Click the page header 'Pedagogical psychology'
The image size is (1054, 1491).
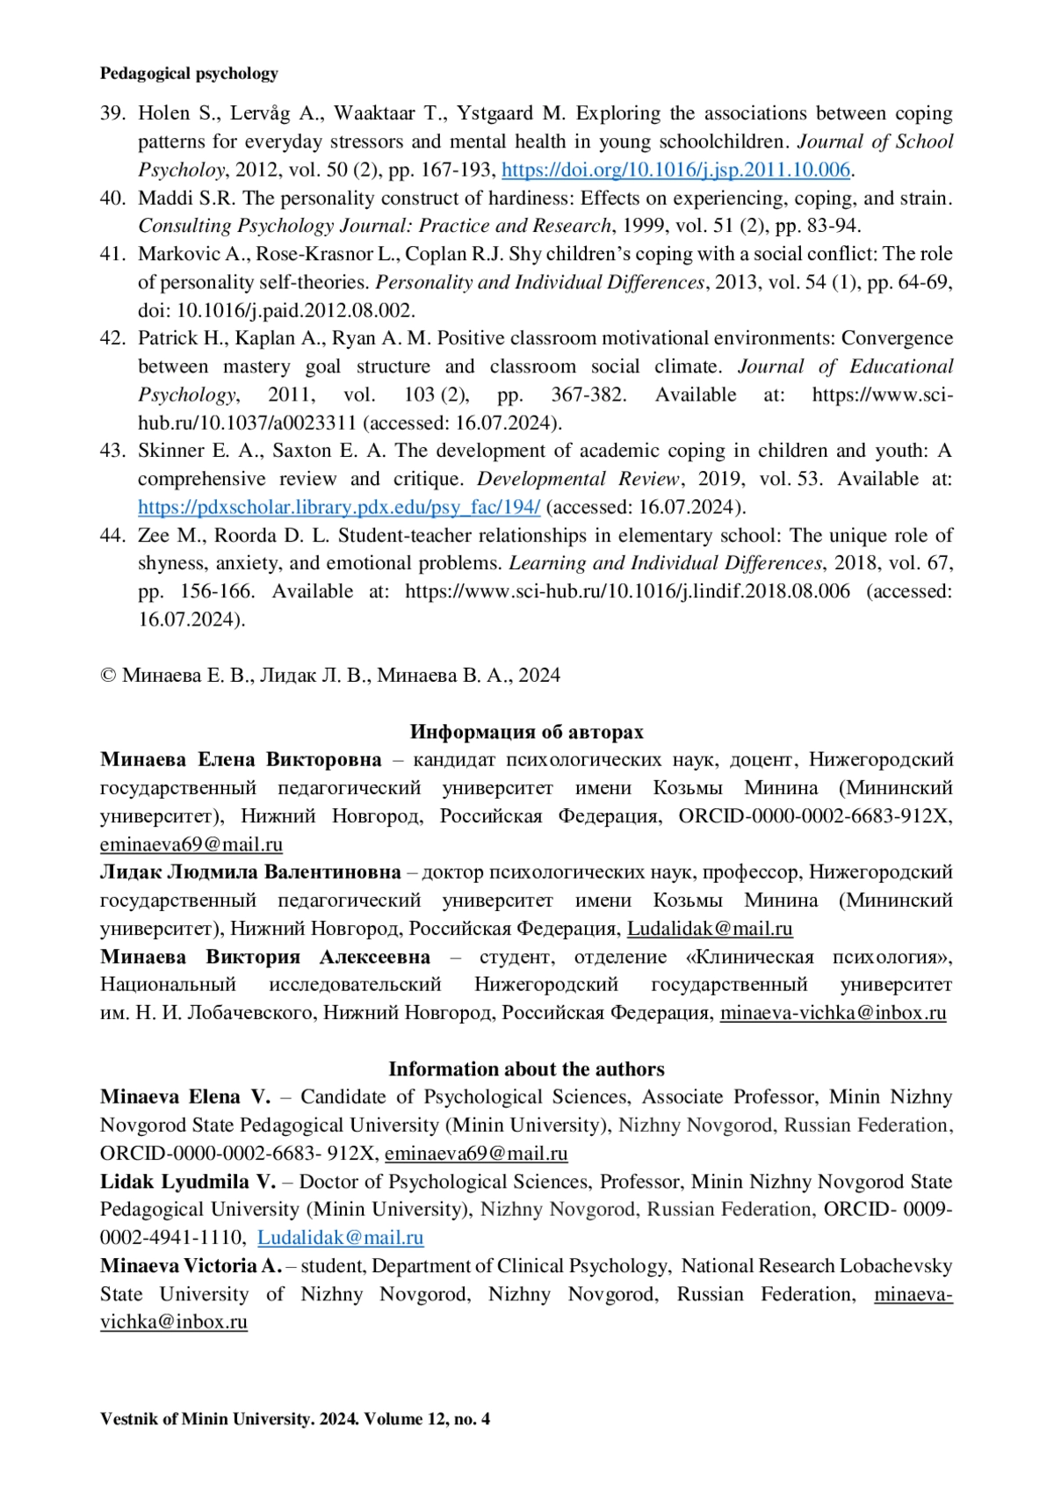(x=189, y=74)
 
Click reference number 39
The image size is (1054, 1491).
(x=112, y=113)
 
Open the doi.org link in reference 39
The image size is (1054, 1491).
(x=675, y=170)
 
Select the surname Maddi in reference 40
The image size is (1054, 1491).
(x=161, y=198)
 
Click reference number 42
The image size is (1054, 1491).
(x=112, y=338)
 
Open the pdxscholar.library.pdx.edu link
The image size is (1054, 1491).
(x=339, y=507)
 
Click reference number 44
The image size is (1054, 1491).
(x=112, y=535)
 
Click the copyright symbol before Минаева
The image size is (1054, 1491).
(x=108, y=676)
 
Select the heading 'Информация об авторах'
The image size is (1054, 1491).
(x=526, y=732)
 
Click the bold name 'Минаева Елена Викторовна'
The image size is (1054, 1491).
(x=241, y=760)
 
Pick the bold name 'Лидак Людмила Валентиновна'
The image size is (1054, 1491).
(x=250, y=872)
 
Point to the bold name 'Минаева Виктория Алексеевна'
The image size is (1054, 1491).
(x=264, y=957)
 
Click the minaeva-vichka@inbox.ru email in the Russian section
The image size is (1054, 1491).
(x=833, y=1013)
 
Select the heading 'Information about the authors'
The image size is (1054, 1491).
(x=526, y=1069)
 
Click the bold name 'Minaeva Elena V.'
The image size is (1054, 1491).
(x=185, y=1097)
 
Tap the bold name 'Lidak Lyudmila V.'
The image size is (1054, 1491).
(x=187, y=1182)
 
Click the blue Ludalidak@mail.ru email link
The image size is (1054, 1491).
(x=340, y=1238)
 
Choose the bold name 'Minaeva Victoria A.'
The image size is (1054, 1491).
(x=191, y=1266)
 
